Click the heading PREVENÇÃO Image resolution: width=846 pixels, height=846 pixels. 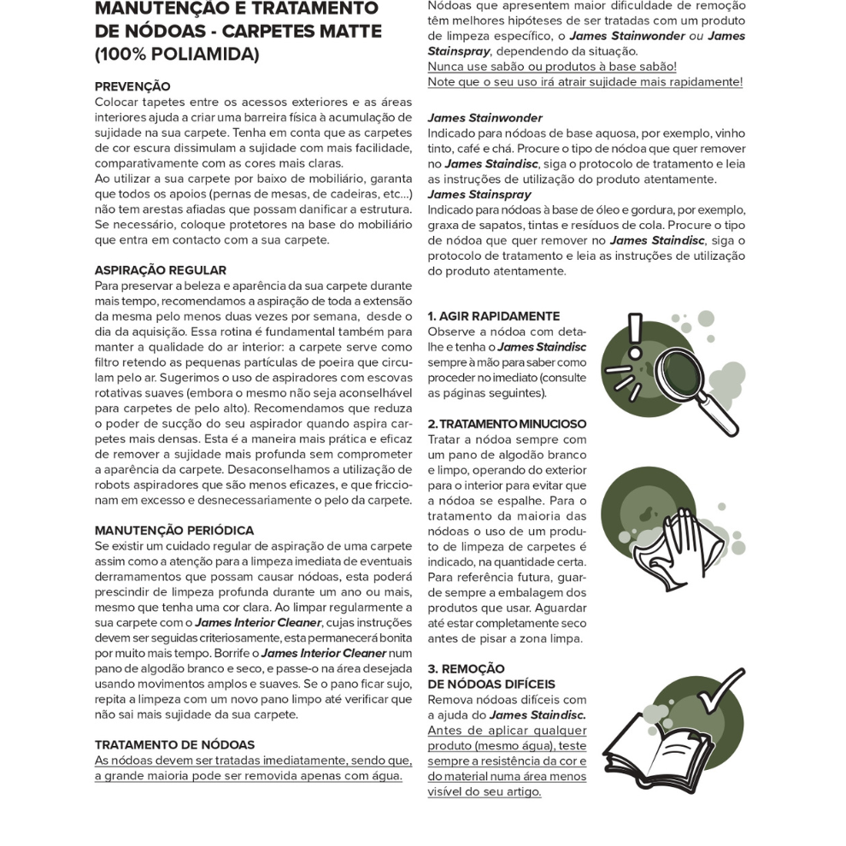click(x=132, y=86)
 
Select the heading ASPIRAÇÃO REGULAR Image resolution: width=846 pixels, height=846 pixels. click(x=161, y=270)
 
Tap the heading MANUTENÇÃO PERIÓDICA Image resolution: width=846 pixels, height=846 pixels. click(x=173, y=531)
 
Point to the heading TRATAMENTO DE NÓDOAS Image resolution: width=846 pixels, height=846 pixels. click(x=174, y=744)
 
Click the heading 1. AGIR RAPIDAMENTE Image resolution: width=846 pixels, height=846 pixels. click(x=494, y=316)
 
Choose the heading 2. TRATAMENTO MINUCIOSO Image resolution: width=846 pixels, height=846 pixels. click(x=507, y=424)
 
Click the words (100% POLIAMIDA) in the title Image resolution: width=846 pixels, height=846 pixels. click(x=176, y=55)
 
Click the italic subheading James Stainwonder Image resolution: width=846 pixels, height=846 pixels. click(x=485, y=118)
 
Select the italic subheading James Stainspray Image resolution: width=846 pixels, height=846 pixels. click(x=479, y=195)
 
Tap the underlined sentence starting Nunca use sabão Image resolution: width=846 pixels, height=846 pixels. click(x=552, y=67)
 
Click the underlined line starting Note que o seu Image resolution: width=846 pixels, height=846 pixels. click(x=585, y=82)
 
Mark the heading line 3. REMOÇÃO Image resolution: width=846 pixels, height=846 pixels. click(x=466, y=669)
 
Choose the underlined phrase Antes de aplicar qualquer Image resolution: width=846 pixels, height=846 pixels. click(x=507, y=731)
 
